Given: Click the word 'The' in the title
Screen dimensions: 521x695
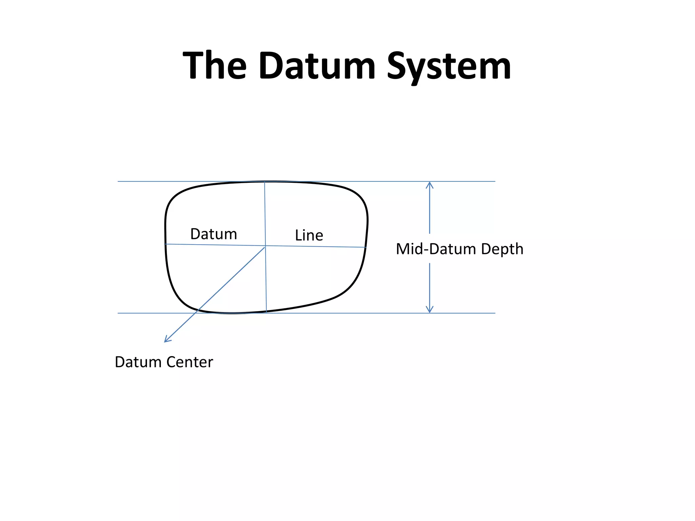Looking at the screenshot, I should click(x=214, y=65).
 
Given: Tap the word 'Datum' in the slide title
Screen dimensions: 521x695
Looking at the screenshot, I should click(x=317, y=65).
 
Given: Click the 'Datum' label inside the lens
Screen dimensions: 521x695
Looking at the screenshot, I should click(x=213, y=234).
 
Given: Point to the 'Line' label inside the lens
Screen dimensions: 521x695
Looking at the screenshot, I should click(x=309, y=235).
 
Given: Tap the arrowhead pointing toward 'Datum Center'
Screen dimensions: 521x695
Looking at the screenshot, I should click(x=166, y=341).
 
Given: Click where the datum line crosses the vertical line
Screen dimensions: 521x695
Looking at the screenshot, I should click(x=265, y=246).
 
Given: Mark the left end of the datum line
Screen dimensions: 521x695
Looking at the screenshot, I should click(x=165, y=244).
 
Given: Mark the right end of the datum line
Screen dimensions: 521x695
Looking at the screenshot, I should click(x=366, y=247).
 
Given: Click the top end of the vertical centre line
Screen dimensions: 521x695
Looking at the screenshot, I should click(x=265, y=182).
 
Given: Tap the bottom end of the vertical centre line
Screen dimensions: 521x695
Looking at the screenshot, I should click(x=266, y=312).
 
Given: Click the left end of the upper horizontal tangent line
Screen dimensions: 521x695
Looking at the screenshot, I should click(x=118, y=181).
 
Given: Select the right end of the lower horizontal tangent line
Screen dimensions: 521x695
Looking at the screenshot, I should click(x=495, y=313).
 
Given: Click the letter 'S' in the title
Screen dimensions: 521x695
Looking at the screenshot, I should click(x=399, y=65).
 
